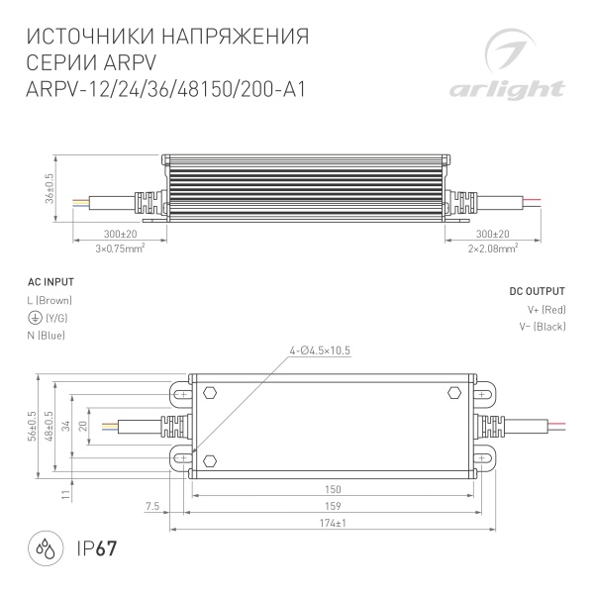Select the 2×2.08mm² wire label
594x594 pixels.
(492, 248)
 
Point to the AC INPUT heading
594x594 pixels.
(48, 280)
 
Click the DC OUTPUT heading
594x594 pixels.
(537, 292)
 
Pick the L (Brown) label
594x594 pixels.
(50, 300)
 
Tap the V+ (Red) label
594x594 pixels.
(544, 310)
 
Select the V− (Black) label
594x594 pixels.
(542, 327)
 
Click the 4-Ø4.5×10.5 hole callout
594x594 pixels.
(321, 350)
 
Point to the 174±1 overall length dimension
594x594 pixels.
(333, 523)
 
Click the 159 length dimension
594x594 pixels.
(333, 506)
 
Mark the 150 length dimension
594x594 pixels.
(333, 489)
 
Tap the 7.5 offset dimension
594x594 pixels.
(151, 506)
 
